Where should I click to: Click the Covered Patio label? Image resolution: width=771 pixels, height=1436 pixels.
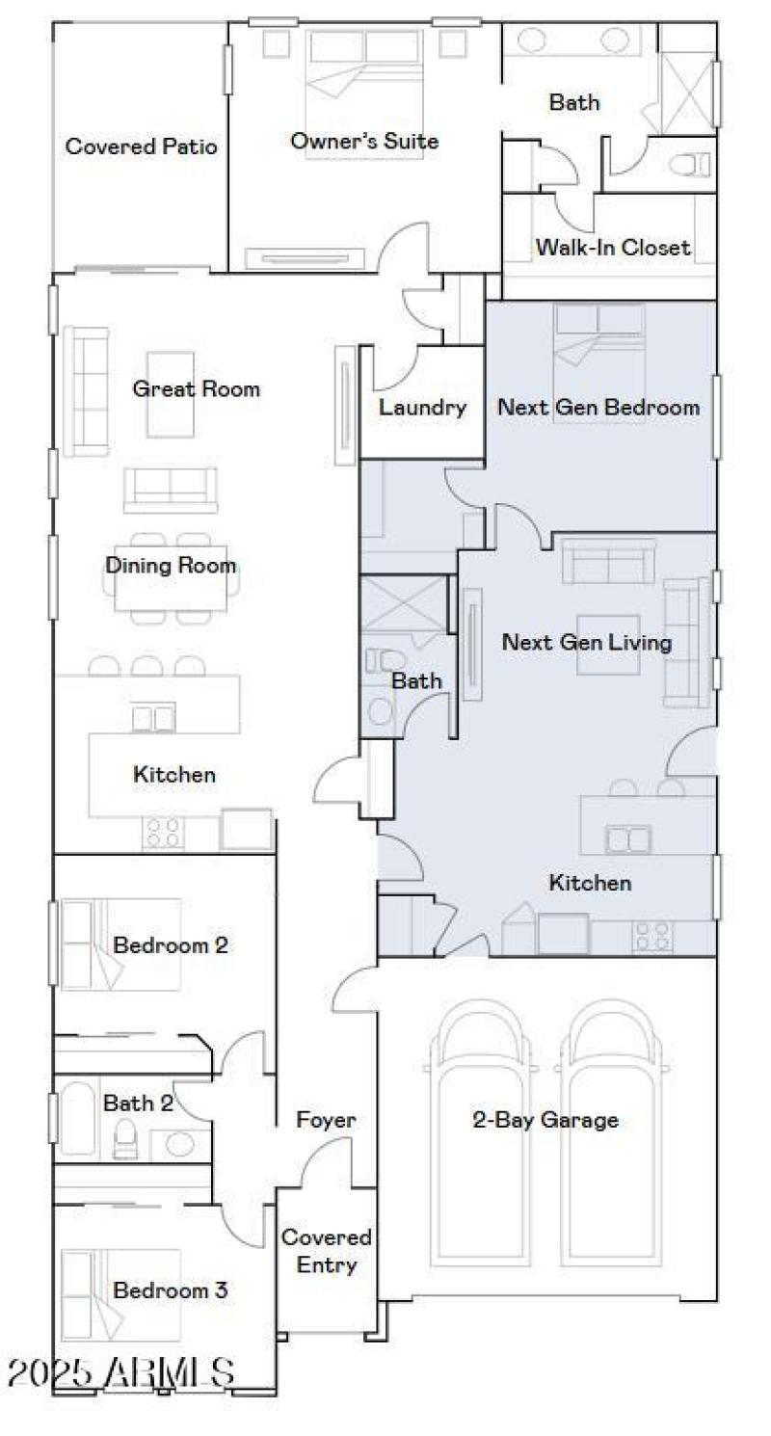[x=141, y=146]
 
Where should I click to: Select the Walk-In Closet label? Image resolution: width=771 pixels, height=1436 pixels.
[x=613, y=248]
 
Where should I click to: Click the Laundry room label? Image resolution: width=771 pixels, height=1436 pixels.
[x=422, y=408]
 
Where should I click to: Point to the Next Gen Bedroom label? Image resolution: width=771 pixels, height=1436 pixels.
[x=598, y=408]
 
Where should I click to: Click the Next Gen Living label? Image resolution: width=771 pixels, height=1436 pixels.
[x=587, y=642]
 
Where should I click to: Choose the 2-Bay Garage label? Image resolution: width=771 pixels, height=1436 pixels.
[x=545, y=1120]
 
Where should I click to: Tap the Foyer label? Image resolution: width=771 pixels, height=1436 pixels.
[x=326, y=1120]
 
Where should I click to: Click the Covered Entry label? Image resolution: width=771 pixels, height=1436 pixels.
[x=326, y=1251]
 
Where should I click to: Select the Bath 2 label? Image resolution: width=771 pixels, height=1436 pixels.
[x=138, y=1104]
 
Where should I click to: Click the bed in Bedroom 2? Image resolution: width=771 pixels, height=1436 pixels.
[x=120, y=944]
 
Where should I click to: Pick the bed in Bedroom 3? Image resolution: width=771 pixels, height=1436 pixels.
[x=120, y=1291]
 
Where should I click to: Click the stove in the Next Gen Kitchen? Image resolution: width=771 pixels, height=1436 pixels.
[x=653, y=936]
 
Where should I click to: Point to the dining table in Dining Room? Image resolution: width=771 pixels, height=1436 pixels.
[x=171, y=578]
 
